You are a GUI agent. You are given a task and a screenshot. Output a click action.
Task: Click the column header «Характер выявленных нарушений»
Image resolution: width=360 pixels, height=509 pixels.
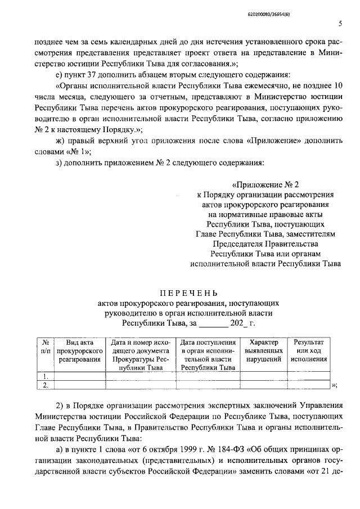click(x=263, y=351)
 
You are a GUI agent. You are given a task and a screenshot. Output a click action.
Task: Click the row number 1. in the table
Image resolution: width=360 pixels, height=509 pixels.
click(x=45, y=376)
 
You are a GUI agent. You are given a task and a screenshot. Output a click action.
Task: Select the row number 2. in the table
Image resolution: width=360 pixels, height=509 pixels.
click(x=45, y=385)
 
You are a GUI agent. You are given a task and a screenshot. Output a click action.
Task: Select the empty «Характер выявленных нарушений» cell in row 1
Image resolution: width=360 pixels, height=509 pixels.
click(x=263, y=376)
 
